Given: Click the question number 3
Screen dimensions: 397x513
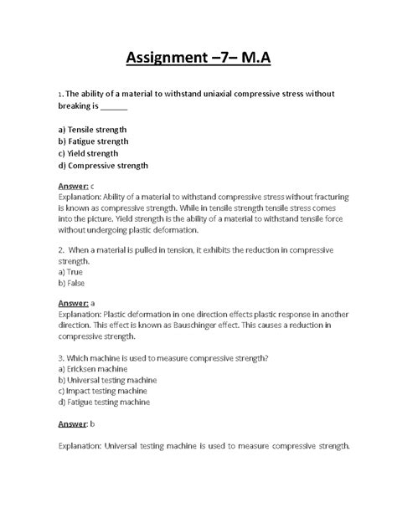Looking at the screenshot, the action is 61,357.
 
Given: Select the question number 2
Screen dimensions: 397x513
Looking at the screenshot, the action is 61,249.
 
